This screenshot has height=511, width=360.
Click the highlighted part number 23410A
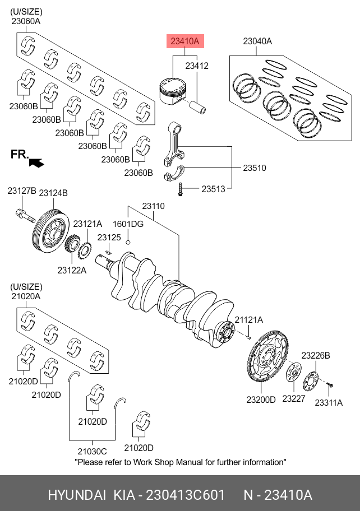coord(184,41)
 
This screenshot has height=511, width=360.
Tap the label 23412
coord(197,66)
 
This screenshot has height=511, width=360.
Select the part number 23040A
coord(257,41)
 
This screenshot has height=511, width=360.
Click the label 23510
coord(254,168)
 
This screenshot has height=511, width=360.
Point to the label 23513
coord(213,189)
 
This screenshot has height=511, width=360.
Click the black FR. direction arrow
coord(37,162)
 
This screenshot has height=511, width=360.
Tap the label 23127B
coord(22,192)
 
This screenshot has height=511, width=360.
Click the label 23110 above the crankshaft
coord(153,206)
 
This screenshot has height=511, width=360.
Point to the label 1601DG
coord(128,224)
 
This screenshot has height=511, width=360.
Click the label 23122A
coord(72,270)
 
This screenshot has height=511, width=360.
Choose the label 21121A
coord(248,320)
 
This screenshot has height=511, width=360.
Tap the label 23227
coord(293,399)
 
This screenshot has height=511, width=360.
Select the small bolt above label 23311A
coord(331,385)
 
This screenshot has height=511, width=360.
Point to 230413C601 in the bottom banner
coord(185,495)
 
